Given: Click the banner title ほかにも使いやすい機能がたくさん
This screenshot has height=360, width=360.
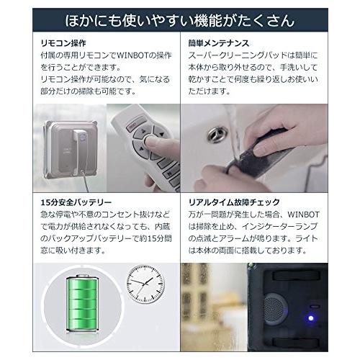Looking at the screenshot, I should [x=179, y=18].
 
